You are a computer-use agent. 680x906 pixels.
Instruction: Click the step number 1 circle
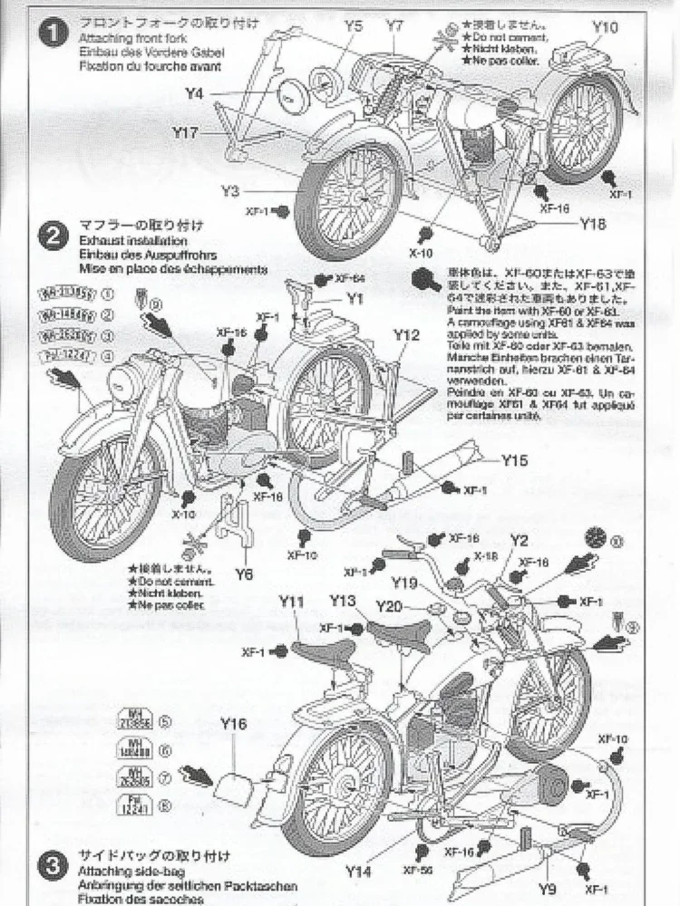(55, 35)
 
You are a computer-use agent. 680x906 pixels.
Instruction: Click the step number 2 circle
(55, 236)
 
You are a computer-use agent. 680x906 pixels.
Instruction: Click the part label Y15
(513, 460)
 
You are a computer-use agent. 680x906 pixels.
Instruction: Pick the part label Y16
(233, 724)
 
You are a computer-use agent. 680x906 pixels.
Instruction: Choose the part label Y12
(406, 334)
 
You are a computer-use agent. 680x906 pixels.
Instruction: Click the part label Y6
(243, 574)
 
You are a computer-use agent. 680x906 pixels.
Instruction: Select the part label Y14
(359, 872)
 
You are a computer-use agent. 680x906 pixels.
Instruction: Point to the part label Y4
(194, 92)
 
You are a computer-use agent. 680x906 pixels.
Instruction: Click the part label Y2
(518, 541)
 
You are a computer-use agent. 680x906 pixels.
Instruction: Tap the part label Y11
(292, 601)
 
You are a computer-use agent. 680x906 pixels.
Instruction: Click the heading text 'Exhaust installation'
(132, 242)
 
